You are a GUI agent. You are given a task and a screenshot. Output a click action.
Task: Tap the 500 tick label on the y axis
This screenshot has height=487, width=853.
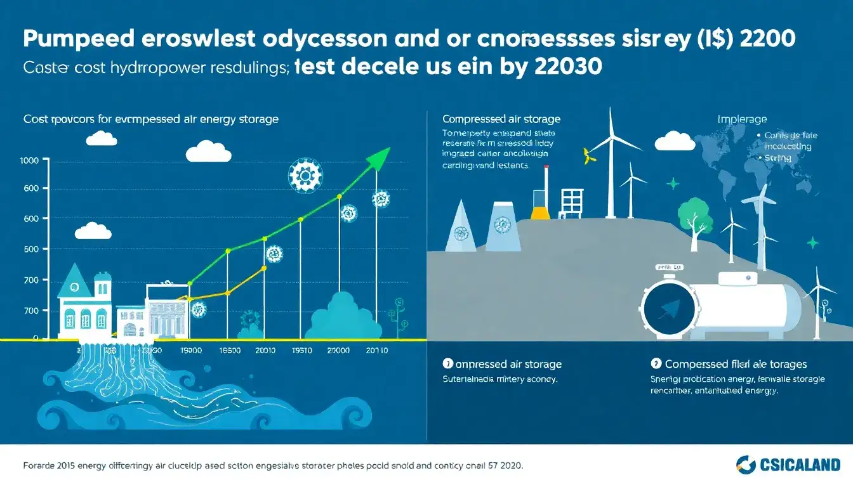pyautogui.click(x=31, y=249)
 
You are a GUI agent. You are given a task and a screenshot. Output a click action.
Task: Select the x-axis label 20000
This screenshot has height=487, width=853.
pyautogui.click(x=340, y=350)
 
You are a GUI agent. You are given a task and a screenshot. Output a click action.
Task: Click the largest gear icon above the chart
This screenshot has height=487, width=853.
pyautogui.click(x=305, y=175)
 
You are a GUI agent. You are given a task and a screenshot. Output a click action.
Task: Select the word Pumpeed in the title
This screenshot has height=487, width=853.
pyautogui.click(x=79, y=39)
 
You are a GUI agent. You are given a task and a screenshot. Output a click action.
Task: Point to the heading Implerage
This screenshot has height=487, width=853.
pyautogui.click(x=742, y=119)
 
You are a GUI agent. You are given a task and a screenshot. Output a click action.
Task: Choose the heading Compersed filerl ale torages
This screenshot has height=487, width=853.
pyautogui.click(x=736, y=364)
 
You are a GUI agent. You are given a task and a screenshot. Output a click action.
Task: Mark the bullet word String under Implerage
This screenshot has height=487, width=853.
pyautogui.click(x=778, y=158)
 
